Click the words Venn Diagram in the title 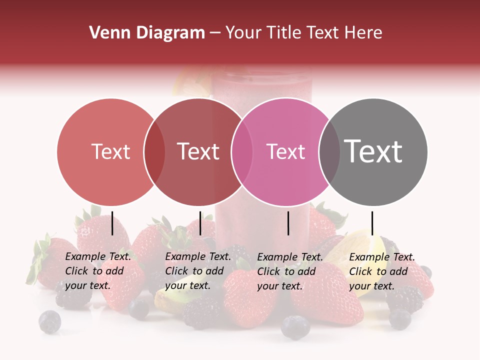(147, 33)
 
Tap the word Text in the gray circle (373, 151)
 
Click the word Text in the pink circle (285, 151)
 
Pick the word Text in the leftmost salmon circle (110, 151)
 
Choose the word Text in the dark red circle (198, 151)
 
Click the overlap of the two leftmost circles (154, 151)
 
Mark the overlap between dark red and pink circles (241, 151)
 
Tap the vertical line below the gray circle (372, 223)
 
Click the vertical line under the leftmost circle (112, 223)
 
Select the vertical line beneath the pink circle (288, 223)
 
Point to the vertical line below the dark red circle (200, 223)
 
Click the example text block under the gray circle (381, 271)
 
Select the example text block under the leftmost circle (97, 271)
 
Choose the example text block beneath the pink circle (289, 271)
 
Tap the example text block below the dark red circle (197, 271)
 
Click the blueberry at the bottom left (50, 321)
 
